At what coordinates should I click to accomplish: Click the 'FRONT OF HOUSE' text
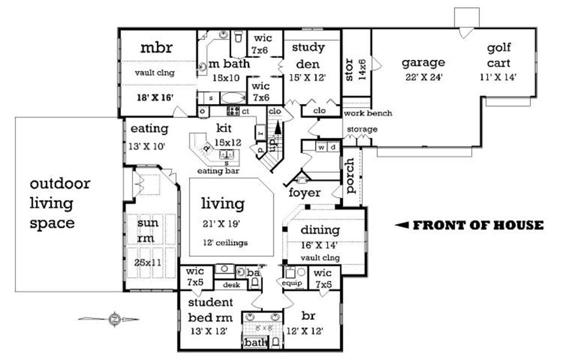(477, 225)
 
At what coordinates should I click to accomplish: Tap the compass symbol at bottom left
(114, 318)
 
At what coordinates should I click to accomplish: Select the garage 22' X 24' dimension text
(423, 77)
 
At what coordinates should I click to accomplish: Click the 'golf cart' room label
(499, 56)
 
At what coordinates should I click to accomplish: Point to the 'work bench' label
(368, 113)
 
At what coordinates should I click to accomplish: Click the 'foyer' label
(305, 193)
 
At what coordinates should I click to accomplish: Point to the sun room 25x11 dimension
(148, 263)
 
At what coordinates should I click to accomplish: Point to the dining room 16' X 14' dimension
(319, 245)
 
